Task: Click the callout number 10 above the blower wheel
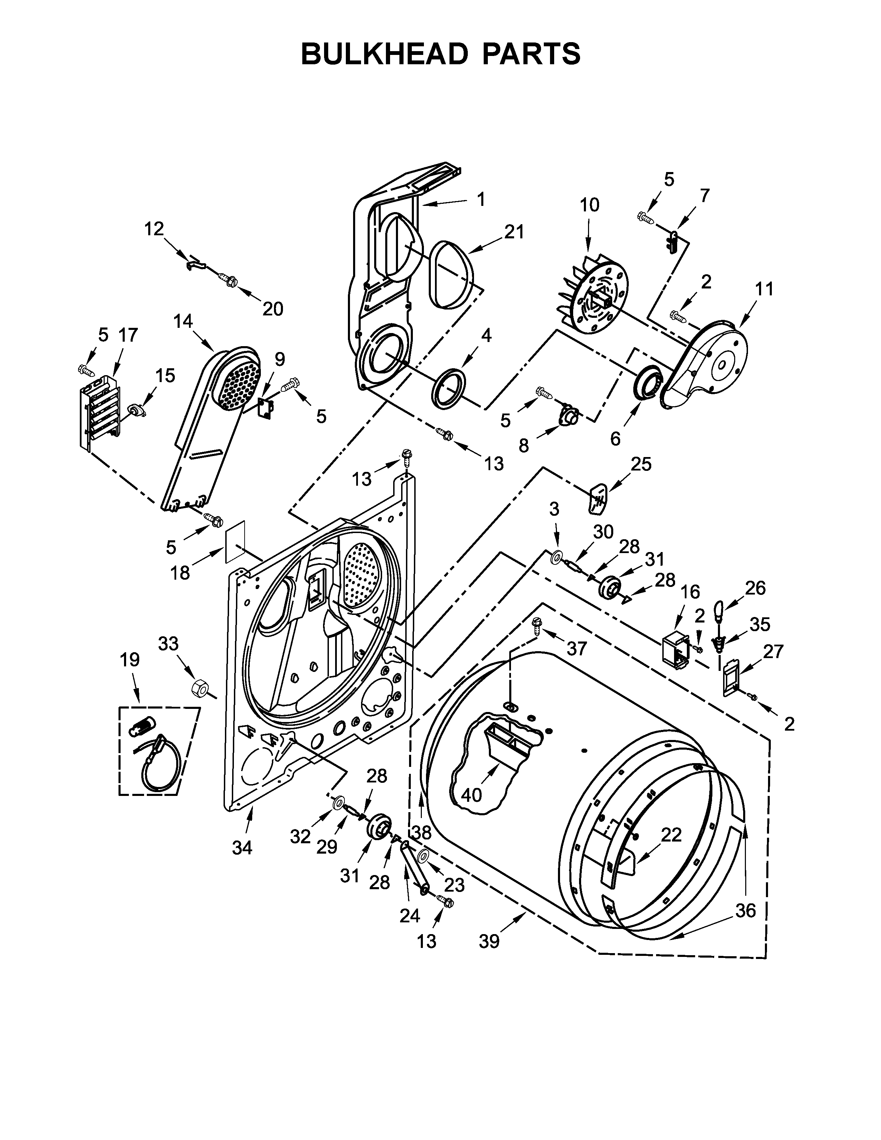(x=589, y=205)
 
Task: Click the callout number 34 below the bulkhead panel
(x=242, y=848)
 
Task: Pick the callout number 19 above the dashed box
(x=130, y=660)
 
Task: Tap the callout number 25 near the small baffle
(x=642, y=464)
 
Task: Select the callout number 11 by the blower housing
(x=765, y=289)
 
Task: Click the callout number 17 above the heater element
(x=127, y=335)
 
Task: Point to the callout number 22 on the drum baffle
(x=671, y=835)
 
